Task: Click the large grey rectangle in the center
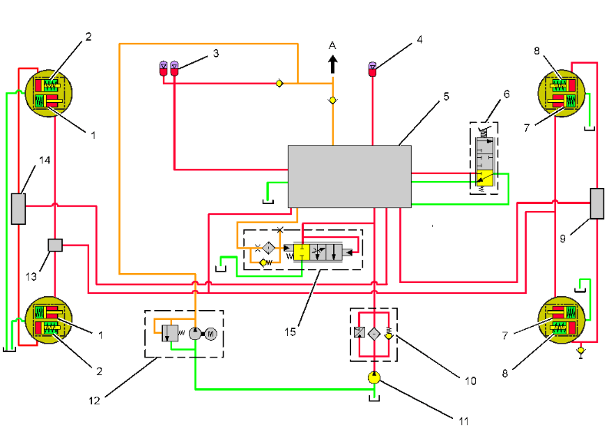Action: (349, 176)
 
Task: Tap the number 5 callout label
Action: (445, 97)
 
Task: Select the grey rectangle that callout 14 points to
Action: (18, 208)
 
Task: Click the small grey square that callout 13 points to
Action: (55, 245)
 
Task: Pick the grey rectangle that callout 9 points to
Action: (598, 203)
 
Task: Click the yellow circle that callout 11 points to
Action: (373, 377)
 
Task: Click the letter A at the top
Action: (332, 44)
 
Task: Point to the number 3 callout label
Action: (217, 54)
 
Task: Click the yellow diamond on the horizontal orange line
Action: (280, 82)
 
